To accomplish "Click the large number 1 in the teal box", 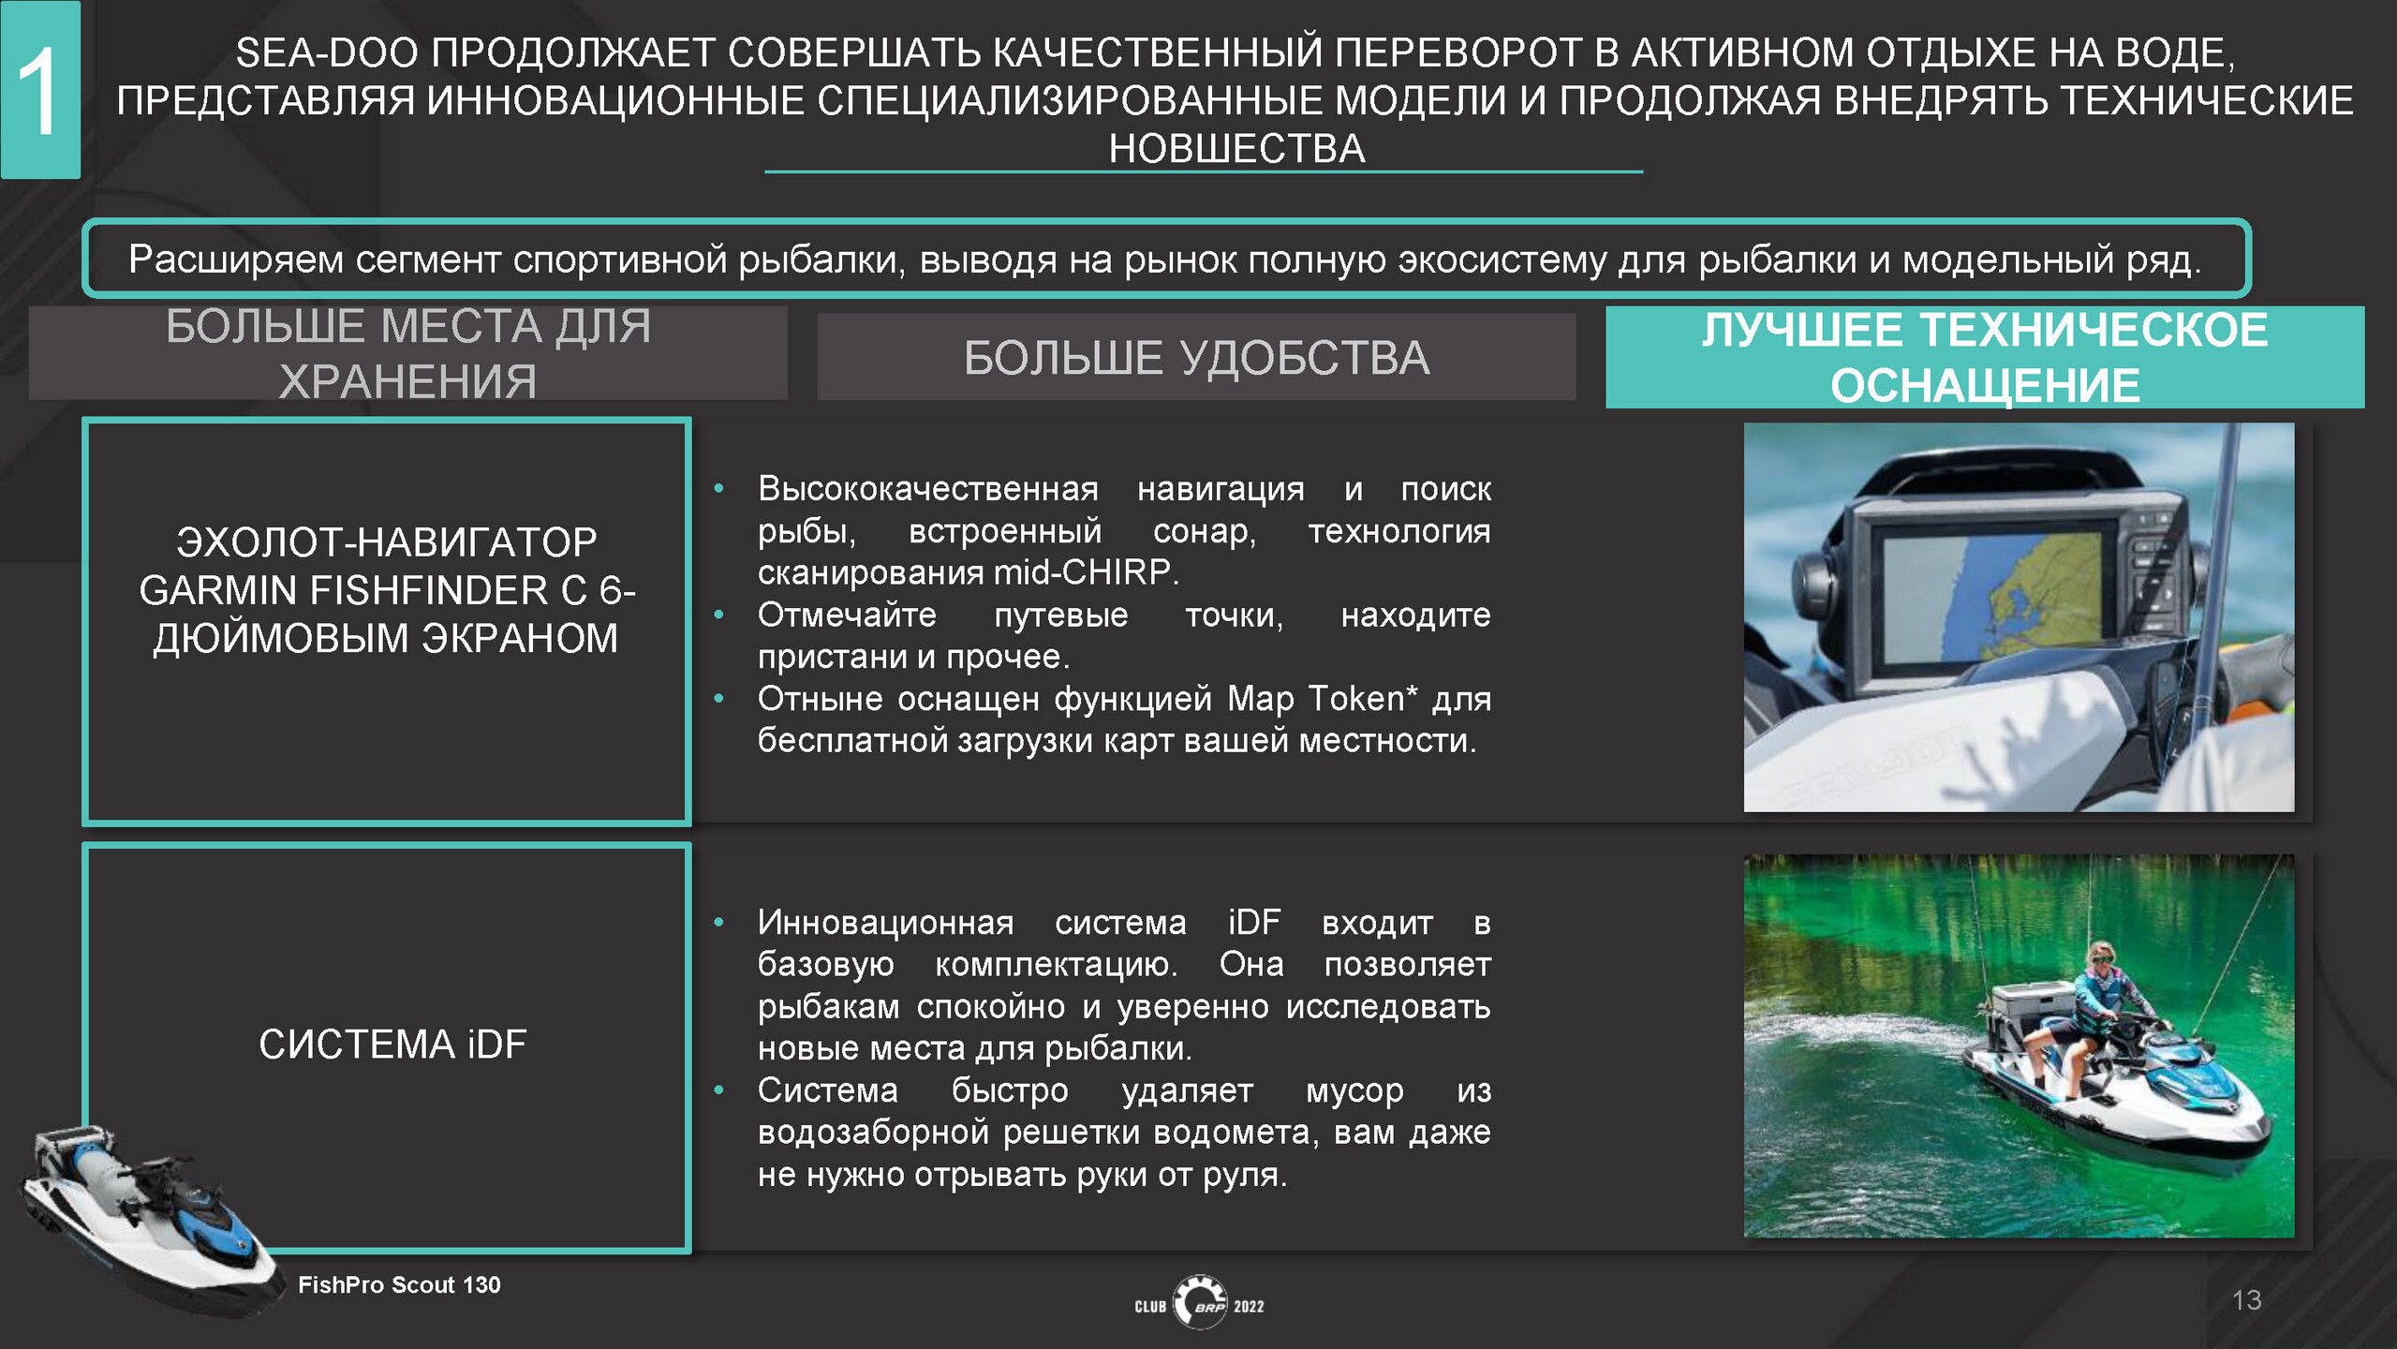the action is point(39,92).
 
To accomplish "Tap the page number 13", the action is point(2246,1299).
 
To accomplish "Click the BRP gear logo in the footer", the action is point(1200,1302).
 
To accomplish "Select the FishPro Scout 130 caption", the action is point(399,1284).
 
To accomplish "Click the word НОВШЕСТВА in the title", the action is point(1236,148).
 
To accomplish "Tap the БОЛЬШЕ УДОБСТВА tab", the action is point(1196,357).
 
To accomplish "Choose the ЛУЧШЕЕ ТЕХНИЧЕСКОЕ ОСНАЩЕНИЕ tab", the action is point(1984,357).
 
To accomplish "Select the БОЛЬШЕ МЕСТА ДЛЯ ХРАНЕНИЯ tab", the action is point(407,353).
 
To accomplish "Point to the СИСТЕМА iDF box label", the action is point(392,1044).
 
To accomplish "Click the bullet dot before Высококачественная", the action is point(718,488).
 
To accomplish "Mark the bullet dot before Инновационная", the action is point(718,922).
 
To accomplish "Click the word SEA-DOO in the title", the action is point(327,52).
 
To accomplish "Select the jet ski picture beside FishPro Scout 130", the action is point(150,1218).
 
